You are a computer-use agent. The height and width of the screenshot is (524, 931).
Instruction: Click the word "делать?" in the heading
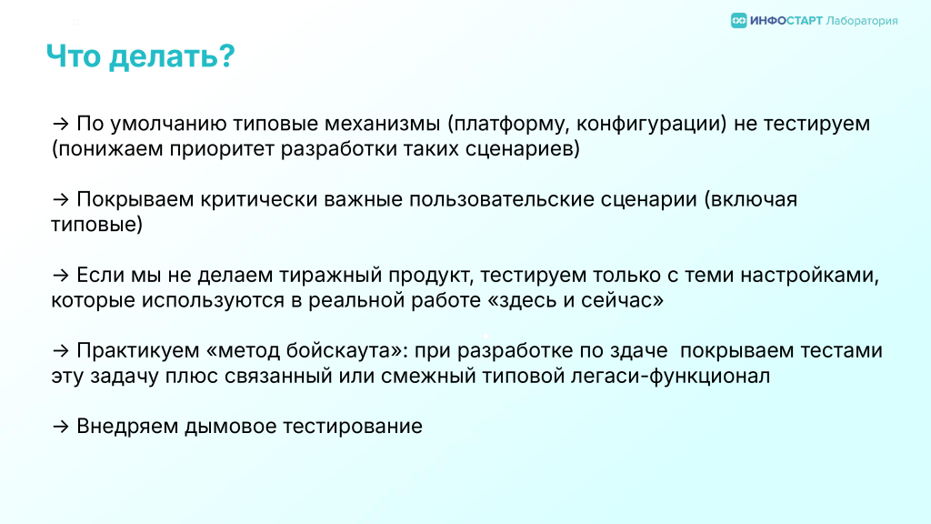(x=172, y=57)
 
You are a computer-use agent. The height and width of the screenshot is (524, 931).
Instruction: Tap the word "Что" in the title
(x=74, y=56)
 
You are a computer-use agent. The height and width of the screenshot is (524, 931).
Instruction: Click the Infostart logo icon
(x=738, y=21)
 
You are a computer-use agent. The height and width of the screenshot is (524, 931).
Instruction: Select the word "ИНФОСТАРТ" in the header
(x=786, y=21)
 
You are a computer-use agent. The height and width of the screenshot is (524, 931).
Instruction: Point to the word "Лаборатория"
(x=862, y=22)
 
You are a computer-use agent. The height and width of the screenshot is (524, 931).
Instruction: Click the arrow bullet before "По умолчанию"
(x=61, y=124)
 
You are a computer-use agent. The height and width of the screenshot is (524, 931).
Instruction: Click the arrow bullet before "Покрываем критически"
(x=61, y=199)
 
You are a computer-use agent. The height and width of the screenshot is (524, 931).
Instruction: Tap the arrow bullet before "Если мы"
(x=61, y=275)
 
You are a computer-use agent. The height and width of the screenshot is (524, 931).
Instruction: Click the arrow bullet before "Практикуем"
(x=61, y=350)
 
